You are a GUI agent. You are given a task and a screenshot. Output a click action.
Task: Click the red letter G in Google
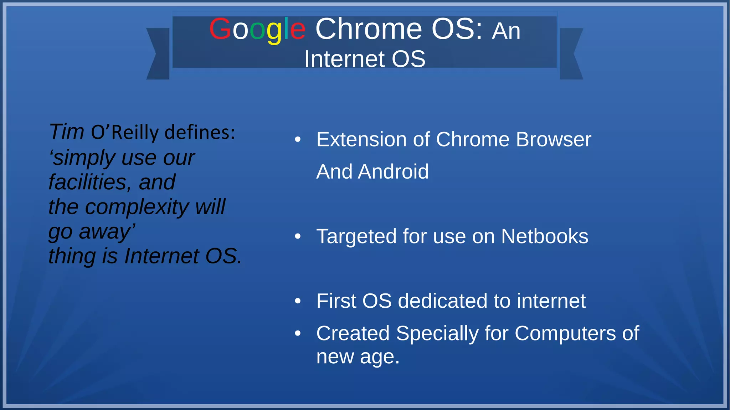220,29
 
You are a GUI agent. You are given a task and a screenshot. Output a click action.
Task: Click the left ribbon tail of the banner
159,54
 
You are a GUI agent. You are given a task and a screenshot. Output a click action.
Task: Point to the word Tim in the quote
67,132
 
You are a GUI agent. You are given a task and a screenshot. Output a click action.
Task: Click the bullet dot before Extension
298,140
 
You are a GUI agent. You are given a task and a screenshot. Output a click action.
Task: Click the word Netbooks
544,237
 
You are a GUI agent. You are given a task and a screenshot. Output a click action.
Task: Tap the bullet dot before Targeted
298,237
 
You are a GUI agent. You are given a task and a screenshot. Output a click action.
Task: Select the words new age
358,357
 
